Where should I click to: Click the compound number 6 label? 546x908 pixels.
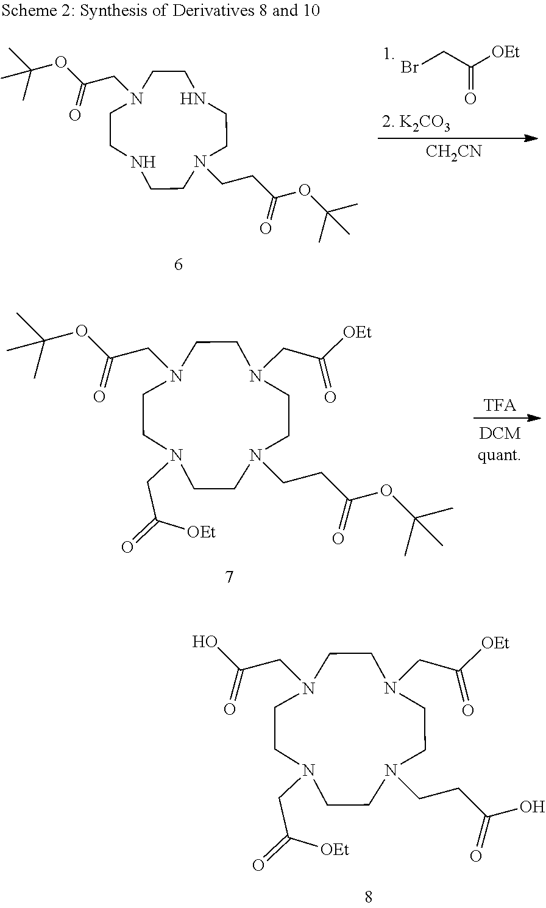[x=178, y=264]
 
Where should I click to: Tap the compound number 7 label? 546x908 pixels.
[x=229, y=576]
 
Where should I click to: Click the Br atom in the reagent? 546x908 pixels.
[x=409, y=67]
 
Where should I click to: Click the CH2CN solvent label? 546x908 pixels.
[x=453, y=152]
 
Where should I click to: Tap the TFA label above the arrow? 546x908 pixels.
[x=499, y=406]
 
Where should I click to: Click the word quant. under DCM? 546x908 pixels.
[x=499, y=455]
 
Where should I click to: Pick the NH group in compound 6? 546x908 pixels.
[x=144, y=163]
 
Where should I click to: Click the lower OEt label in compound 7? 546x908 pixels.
[x=201, y=533]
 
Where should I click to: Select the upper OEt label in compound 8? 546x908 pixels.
[x=495, y=643]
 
